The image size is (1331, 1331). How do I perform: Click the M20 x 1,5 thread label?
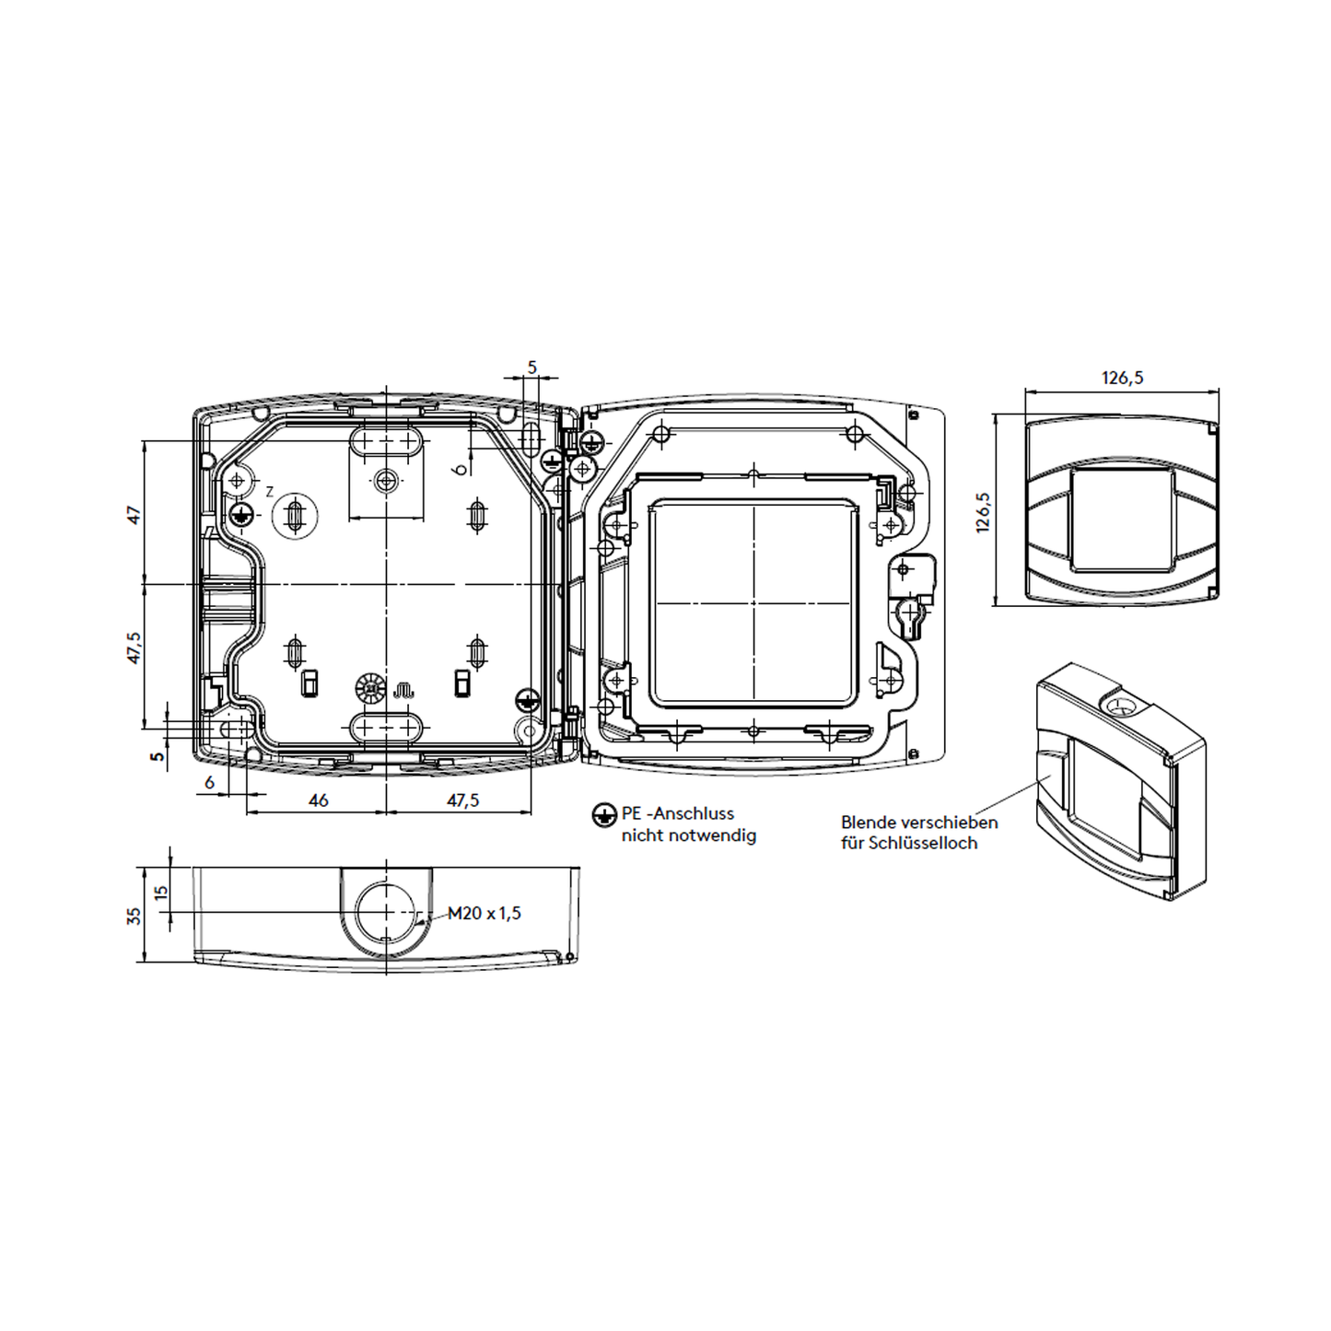(485, 913)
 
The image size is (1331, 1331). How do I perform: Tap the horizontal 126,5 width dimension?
(1123, 378)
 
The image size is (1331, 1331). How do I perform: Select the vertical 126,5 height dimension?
(982, 512)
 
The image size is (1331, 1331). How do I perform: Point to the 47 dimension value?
(134, 515)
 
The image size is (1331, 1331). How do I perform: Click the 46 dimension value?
(319, 800)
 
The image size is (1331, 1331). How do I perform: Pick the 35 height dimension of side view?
(134, 916)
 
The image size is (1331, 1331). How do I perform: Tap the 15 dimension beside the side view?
(161, 892)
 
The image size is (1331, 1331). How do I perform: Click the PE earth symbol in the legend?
(604, 815)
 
